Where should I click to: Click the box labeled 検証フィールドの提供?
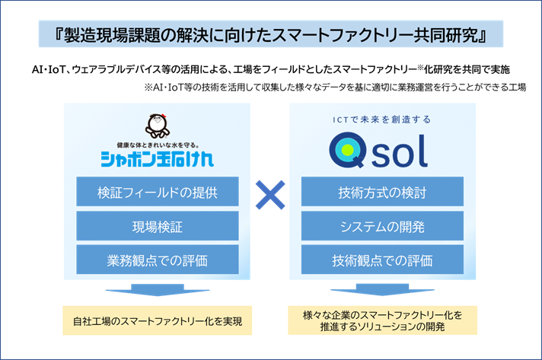click(x=158, y=192)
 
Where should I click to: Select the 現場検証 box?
click(x=158, y=226)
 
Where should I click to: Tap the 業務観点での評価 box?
click(x=158, y=260)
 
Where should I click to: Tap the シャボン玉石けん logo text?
click(x=157, y=159)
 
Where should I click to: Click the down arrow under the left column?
click(x=158, y=292)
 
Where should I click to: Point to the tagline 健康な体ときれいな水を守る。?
click(x=157, y=143)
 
